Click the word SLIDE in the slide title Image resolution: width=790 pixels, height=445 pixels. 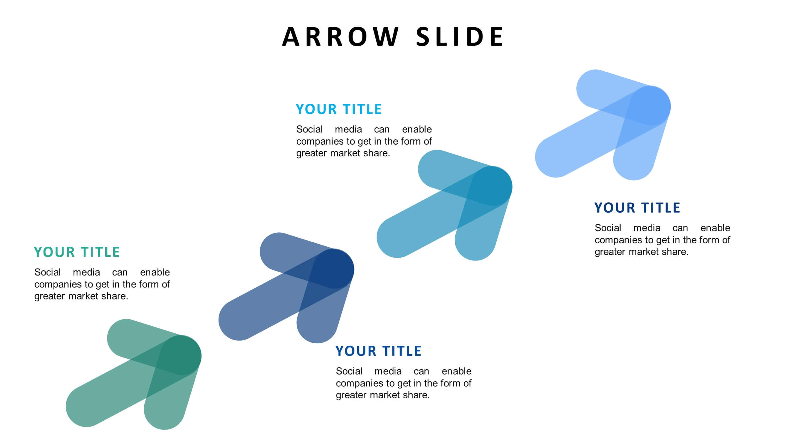(460, 37)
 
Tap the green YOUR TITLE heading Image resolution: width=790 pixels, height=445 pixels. (77, 252)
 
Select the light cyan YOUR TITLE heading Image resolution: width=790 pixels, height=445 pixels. (339, 109)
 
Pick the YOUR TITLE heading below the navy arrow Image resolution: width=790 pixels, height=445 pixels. (378, 351)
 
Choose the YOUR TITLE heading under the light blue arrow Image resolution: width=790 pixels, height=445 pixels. (637, 208)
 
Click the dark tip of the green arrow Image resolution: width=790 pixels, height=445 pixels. (182, 355)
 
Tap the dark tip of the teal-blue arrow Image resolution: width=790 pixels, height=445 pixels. (493, 186)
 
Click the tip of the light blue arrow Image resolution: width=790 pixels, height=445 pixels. (651, 106)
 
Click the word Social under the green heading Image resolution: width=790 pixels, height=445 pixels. (48, 272)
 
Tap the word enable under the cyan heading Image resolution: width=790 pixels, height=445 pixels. (417, 129)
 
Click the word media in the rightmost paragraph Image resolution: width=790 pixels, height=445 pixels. (647, 228)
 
